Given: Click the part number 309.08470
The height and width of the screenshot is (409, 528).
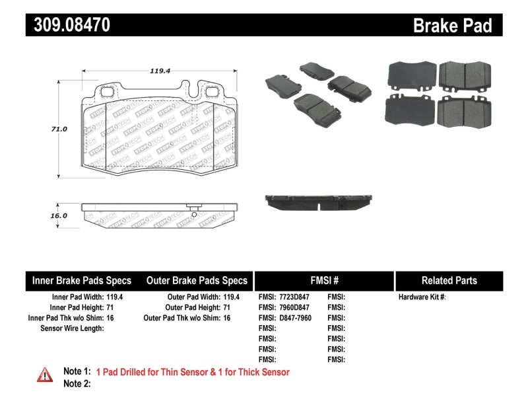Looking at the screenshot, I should coord(68,25).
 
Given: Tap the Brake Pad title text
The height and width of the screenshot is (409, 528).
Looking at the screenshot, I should coord(452,25).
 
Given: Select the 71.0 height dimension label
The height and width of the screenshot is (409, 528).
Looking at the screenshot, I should coord(60,129).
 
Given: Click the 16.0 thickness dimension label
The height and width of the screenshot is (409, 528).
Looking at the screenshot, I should coord(60,215).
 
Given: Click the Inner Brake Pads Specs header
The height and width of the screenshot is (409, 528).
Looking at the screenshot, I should coord(82,280).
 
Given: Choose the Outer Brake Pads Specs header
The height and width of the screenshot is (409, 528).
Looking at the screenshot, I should coord(197,280).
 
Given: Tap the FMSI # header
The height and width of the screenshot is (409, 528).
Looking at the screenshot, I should coord(323,280).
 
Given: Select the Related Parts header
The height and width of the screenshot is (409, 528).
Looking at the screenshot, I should coord(449,280).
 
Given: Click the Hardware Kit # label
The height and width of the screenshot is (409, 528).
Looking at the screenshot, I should coord(422,297).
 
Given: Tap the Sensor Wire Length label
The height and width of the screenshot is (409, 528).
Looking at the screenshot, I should coord(72,328).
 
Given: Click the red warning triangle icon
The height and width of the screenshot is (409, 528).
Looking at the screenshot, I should coord(45,375).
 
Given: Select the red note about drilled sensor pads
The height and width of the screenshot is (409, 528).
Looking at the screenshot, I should coord(193,372).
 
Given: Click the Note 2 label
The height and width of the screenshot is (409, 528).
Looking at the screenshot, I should coord(77,383).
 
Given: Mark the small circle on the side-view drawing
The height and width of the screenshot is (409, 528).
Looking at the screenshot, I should coord(194,213).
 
